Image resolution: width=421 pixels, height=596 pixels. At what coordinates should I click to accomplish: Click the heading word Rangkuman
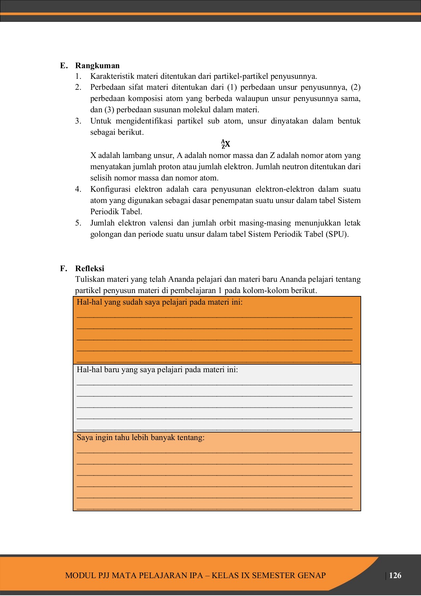(97, 66)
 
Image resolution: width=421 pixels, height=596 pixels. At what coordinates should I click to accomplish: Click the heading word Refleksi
(90, 269)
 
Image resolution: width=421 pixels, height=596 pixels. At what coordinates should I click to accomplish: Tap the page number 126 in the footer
(395, 575)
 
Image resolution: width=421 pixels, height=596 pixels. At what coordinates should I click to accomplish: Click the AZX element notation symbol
(226, 144)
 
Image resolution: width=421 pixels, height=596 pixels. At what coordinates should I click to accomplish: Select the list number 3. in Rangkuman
(78, 121)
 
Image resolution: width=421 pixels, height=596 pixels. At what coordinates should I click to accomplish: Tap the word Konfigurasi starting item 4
(110, 189)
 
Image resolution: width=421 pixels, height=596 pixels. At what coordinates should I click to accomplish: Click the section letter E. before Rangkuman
(64, 66)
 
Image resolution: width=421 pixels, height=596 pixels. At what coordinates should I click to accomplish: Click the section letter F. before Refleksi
(63, 269)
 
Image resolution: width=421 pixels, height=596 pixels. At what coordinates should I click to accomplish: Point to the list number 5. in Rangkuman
(78, 223)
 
